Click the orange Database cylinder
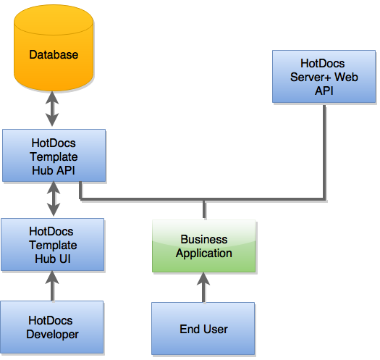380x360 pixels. [x=54, y=48]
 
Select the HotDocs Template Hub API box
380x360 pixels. [x=54, y=156]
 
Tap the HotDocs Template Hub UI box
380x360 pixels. [x=53, y=245]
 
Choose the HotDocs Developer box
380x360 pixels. [x=52, y=327]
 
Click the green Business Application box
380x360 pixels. [x=204, y=246]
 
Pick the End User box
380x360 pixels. [x=203, y=329]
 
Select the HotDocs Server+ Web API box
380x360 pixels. [x=324, y=77]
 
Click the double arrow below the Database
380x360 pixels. [x=52, y=109]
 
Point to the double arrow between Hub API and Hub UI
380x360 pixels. [x=54, y=199]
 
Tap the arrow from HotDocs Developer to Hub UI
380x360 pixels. [x=52, y=286]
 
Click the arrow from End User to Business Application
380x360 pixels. [x=203, y=288]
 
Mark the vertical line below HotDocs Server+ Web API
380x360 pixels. [x=324, y=152]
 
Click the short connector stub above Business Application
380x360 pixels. [x=204, y=210]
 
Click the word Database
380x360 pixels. [x=54, y=55]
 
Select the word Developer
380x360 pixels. [x=52, y=335]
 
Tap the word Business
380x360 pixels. [x=204, y=240]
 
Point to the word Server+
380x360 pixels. [x=311, y=77]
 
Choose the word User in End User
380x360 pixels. [x=216, y=329]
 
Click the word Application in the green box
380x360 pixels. [x=204, y=254]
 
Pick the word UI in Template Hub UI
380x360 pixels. [x=64, y=259]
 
